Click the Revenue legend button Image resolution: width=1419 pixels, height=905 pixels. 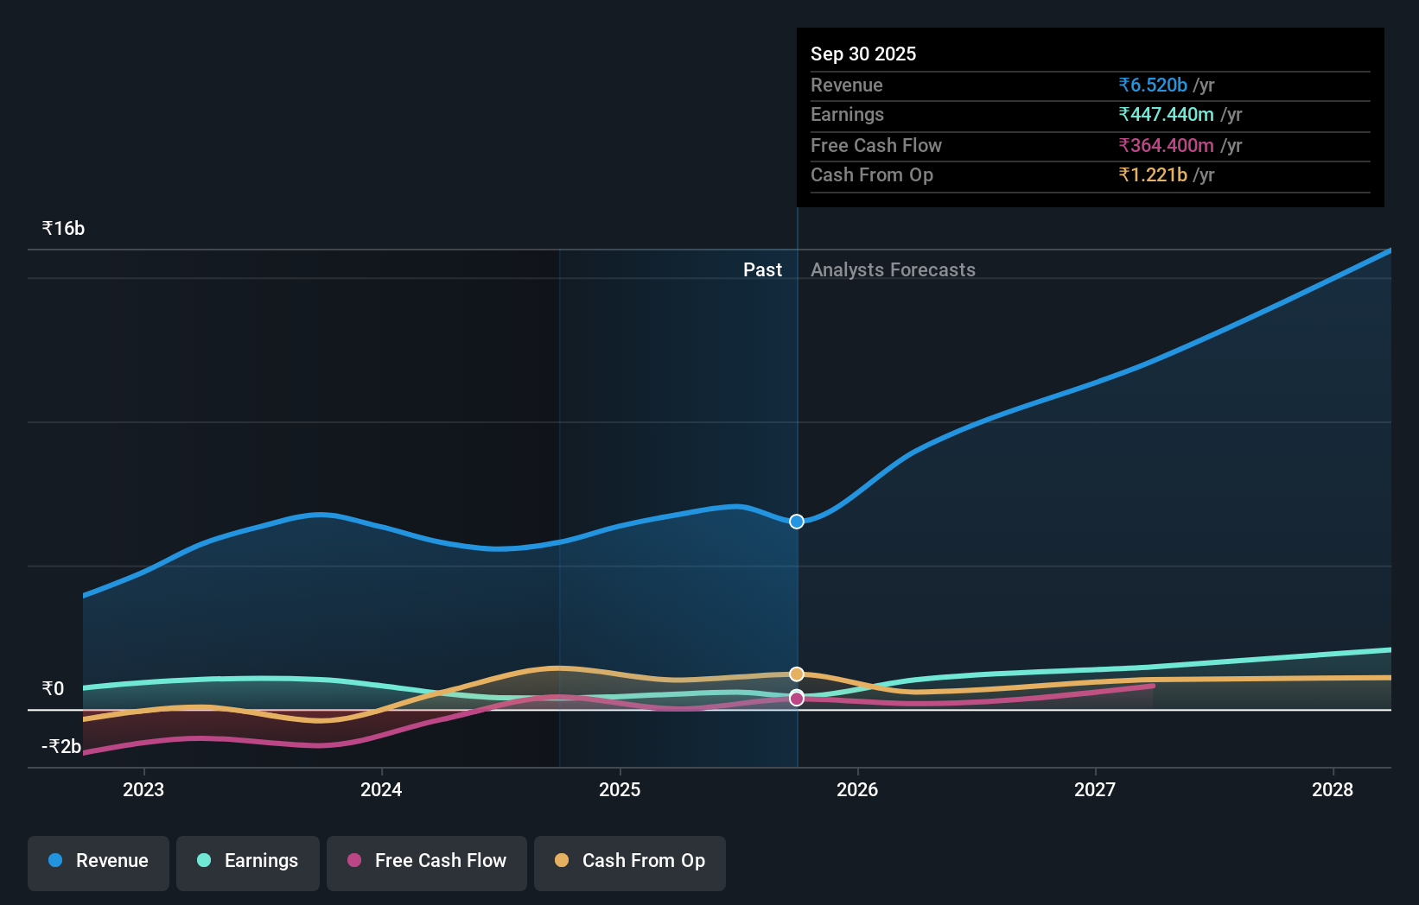pyautogui.click(x=99, y=861)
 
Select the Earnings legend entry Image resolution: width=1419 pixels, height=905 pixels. pyautogui.click(x=248, y=861)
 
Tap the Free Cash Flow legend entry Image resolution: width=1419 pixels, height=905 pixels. pyautogui.click(x=427, y=861)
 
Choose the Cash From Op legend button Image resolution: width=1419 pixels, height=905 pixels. pyautogui.click(x=630, y=861)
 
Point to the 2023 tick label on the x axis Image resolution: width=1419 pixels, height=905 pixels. pyautogui.click(x=143, y=789)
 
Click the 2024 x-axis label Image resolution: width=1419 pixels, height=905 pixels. pyautogui.click(x=381, y=789)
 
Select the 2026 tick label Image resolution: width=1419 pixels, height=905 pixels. pyautogui.click(x=857, y=789)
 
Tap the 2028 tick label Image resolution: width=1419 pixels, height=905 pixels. pyautogui.click(x=1333, y=789)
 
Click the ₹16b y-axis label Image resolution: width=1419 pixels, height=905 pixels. pyautogui.click(x=63, y=229)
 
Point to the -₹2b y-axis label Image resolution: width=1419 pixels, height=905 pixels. pyautogui.click(x=61, y=746)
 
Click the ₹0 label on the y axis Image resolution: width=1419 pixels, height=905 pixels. pyautogui.click(x=53, y=688)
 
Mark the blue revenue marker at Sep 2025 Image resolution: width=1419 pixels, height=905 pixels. pyautogui.click(x=797, y=522)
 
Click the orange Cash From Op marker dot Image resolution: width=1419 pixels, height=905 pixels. pyautogui.click(x=797, y=674)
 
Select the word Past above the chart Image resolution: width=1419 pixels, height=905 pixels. pyautogui.click(x=762, y=270)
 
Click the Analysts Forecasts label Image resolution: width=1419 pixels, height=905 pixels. pyautogui.click(x=893, y=270)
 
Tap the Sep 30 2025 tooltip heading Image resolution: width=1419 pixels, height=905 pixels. pyautogui.click(x=863, y=54)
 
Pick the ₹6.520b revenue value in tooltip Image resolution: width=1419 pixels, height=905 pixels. pyautogui.click(x=1153, y=85)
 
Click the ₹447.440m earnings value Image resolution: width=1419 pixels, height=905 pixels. pyautogui.click(x=1166, y=115)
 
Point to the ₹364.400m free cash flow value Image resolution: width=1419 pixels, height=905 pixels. pyautogui.click(x=1166, y=146)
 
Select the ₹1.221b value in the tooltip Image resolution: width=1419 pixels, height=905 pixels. pyautogui.click(x=1153, y=175)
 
